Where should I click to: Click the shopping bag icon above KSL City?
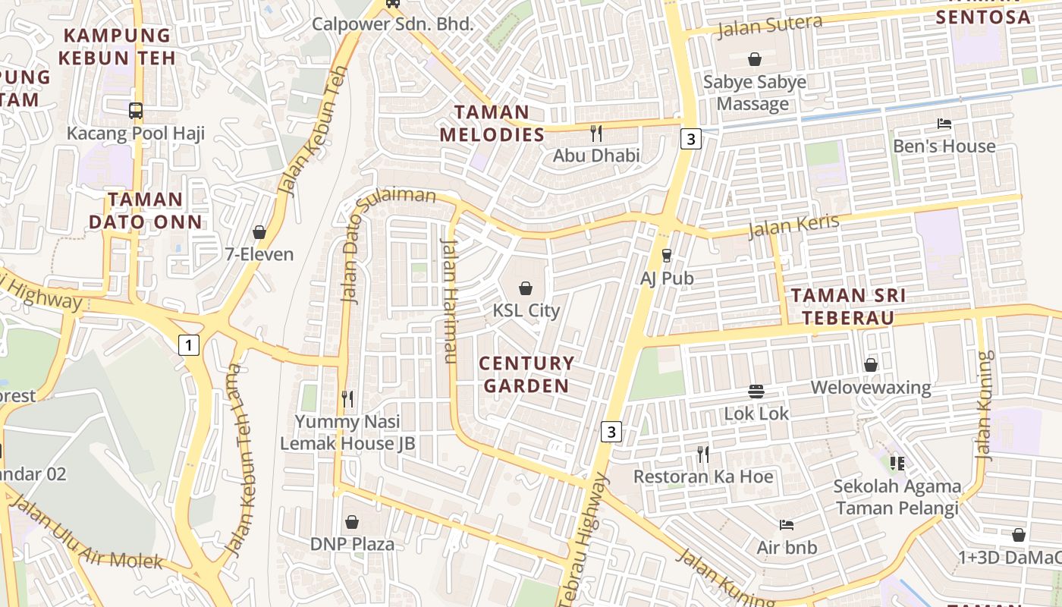point(525,288)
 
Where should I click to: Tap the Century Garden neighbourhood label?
point(526,374)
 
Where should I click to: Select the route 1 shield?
point(188,345)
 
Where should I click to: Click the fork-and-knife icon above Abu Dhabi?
point(596,134)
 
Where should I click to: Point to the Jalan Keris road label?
point(793,225)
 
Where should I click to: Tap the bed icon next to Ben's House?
point(944,123)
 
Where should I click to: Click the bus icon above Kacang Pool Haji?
point(136,111)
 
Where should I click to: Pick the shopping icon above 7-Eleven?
point(259,232)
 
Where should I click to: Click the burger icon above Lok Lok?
point(756,392)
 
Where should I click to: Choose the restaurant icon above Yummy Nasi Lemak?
point(347,398)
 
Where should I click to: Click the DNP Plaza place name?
point(352,544)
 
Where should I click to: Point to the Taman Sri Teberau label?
point(847,307)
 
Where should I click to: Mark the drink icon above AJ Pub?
point(667,256)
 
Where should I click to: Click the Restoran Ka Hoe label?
point(703,476)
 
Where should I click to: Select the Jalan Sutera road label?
point(769,27)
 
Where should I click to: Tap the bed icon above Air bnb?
point(787,524)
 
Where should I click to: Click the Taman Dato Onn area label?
point(146,210)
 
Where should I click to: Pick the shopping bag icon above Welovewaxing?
point(871,365)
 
